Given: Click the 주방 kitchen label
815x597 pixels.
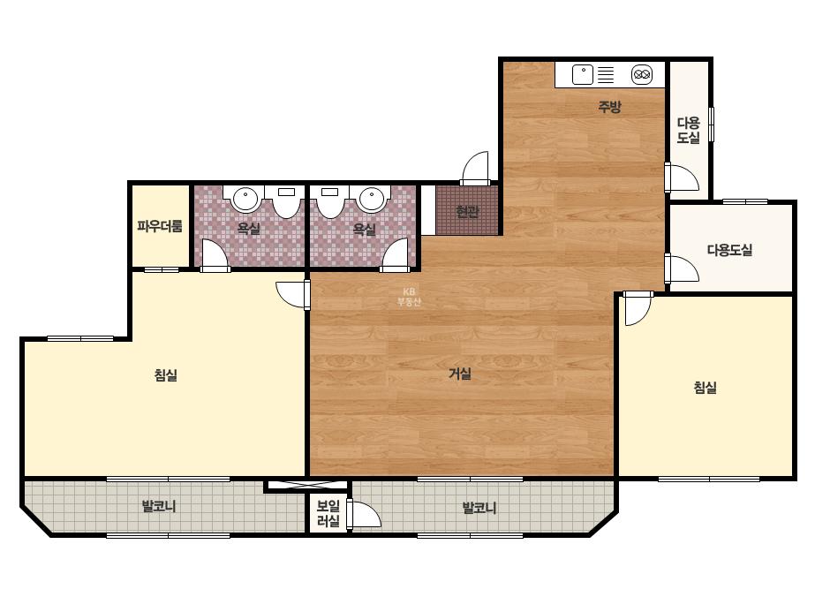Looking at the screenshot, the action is (609, 107).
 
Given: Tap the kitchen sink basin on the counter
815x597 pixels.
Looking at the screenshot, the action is (583, 74).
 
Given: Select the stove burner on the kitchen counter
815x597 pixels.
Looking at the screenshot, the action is (643, 75).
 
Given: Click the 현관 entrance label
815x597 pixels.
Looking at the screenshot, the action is (467, 212).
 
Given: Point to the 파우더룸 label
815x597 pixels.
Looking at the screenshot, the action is (160, 226).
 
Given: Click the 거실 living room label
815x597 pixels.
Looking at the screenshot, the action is (460, 374).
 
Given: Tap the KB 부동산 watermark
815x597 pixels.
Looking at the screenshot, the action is (409, 297).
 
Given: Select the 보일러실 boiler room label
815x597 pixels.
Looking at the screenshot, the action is (328, 514).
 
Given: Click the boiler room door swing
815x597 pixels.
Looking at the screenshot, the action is (366, 515).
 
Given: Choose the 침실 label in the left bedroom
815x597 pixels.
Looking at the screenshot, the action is (166, 375).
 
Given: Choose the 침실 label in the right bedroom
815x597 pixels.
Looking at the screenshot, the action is (706, 388).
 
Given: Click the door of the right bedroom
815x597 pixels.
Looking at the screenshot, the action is (638, 309).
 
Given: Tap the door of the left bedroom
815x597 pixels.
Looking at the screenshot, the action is (292, 295).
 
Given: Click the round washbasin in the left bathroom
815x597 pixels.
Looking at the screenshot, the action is (245, 199).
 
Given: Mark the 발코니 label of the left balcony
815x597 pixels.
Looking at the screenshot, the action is (159, 506).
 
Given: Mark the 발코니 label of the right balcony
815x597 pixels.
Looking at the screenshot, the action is (479, 508).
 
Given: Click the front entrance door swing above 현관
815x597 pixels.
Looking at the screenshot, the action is (475, 168).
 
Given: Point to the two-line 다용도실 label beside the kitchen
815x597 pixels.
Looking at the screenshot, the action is (689, 131).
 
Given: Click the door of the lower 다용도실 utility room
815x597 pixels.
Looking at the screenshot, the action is (683, 268).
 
